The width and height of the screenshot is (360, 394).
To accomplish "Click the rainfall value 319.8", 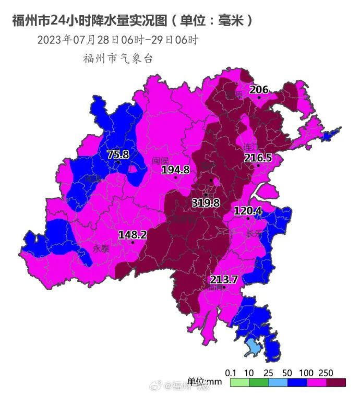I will click(x=206, y=203).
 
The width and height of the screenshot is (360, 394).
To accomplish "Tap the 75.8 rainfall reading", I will click(x=118, y=154).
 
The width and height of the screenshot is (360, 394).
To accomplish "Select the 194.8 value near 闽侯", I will click(x=175, y=170).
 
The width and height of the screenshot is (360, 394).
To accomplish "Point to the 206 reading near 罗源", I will click(x=259, y=90).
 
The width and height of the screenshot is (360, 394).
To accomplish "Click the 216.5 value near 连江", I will click(x=258, y=158).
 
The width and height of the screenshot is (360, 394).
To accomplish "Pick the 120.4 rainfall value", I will click(x=247, y=211).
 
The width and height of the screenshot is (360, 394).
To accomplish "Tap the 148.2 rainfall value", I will click(x=133, y=235).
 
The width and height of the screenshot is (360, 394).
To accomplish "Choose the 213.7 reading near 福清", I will click(x=224, y=280).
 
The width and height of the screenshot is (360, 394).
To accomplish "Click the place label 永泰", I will click(x=101, y=249).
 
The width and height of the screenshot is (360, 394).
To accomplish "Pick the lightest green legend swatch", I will click(x=233, y=383).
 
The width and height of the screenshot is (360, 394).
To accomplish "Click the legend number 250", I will click(x=327, y=373).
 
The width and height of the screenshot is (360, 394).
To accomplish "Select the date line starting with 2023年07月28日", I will click(x=117, y=40).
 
